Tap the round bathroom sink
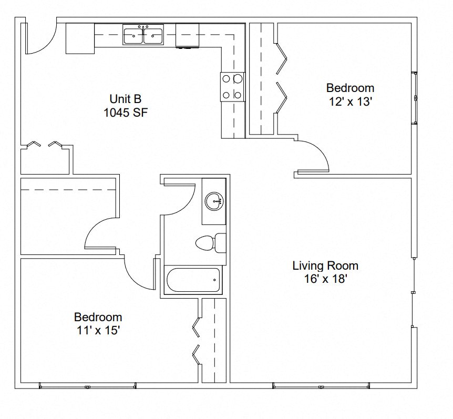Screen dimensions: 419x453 (214, 201)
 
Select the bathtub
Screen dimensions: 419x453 (193, 280)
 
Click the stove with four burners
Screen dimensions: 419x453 (232, 87)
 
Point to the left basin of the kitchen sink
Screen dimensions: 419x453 (133, 36)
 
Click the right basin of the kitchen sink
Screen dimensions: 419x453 (153, 36)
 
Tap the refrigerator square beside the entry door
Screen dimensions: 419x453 (80, 38)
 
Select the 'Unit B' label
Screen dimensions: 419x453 (125, 98)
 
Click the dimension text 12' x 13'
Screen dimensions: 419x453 (350, 101)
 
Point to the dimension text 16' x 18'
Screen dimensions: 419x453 (325, 279)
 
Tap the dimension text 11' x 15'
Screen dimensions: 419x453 (98, 330)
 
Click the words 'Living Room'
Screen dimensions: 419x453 (325, 265)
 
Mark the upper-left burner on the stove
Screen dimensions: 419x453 (226, 79)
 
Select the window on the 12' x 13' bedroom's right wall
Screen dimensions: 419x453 (414, 98)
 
